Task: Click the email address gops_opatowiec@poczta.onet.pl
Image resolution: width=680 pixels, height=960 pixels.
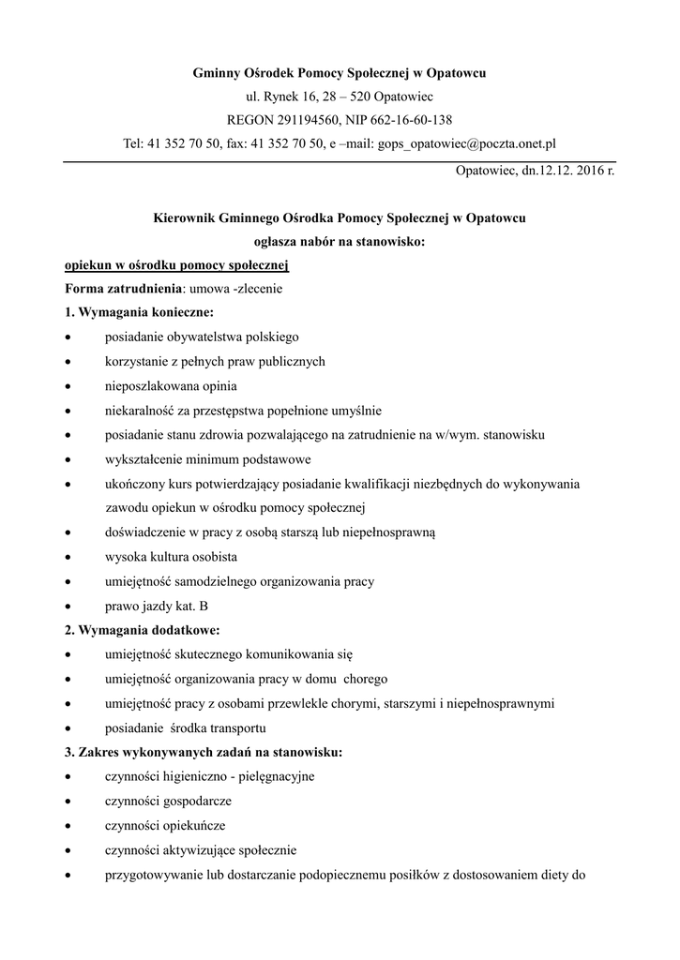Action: tap(466, 143)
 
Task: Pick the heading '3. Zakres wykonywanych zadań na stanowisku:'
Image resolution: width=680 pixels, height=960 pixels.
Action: tap(203, 752)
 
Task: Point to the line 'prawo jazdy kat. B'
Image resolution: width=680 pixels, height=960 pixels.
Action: tap(157, 606)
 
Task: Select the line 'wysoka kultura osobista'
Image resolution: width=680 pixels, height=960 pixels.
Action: tap(171, 557)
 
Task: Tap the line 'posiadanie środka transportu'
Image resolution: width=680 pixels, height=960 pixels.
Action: tap(186, 727)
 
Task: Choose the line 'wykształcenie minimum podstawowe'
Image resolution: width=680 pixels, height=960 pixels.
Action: tap(207, 459)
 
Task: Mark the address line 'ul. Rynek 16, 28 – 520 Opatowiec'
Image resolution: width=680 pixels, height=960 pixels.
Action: tap(340, 96)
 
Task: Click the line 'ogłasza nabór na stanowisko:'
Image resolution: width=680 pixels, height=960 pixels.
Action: tap(340, 241)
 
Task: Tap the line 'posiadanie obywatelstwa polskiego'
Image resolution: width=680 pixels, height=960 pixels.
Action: tap(202, 337)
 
